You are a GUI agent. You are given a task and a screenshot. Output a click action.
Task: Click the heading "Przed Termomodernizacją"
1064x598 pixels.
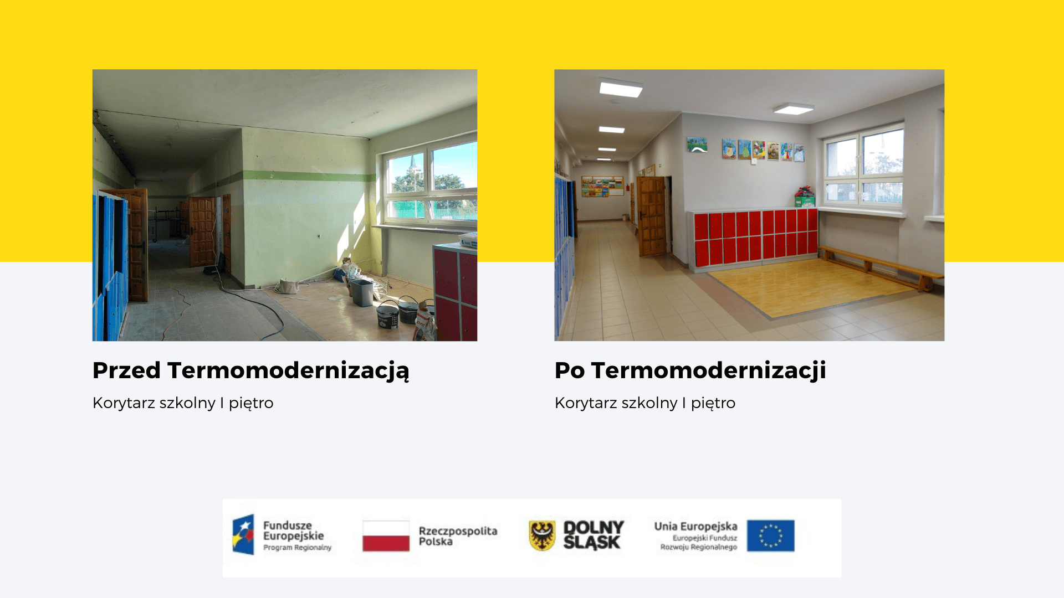(x=250, y=371)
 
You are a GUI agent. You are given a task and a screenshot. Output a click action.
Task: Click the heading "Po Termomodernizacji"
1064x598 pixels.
(x=690, y=370)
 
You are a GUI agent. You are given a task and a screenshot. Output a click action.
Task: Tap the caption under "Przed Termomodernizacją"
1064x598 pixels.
(x=183, y=403)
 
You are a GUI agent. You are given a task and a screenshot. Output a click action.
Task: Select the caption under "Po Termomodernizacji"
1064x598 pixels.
(x=645, y=403)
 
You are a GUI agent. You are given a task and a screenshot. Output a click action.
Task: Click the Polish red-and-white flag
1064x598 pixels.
(x=386, y=536)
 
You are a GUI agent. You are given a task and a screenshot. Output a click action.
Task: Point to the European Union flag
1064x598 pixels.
(x=770, y=535)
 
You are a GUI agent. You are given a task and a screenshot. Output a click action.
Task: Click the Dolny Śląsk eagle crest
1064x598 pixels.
(x=542, y=535)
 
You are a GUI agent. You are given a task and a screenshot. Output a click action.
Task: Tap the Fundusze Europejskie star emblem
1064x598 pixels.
(x=243, y=534)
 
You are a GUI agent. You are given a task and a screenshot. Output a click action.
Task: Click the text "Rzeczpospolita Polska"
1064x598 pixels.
(x=458, y=536)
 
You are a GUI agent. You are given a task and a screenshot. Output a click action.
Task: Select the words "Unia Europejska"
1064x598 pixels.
(x=695, y=526)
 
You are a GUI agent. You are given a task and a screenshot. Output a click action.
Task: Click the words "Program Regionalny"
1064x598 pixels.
(x=297, y=548)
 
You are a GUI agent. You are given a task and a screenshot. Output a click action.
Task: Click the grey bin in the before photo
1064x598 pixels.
(x=362, y=292)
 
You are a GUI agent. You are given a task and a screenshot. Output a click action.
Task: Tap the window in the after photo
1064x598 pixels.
(x=863, y=164)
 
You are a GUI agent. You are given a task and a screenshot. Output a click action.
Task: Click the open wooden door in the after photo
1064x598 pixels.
(x=651, y=216)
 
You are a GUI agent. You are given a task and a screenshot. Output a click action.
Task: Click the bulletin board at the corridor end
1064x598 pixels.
(x=602, y=186)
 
